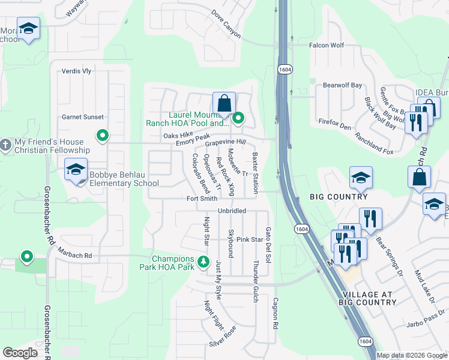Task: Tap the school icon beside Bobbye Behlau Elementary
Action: (76, 170)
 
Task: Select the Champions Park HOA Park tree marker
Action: (203, 262)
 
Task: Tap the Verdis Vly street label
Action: (76, 71)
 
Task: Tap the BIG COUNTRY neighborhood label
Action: (339, 197)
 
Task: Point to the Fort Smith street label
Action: (202, 199)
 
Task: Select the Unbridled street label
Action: (232, 211)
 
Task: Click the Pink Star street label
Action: (250, 239)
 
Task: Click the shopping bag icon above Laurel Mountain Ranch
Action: (224, 103)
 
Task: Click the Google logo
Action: (20, 353)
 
